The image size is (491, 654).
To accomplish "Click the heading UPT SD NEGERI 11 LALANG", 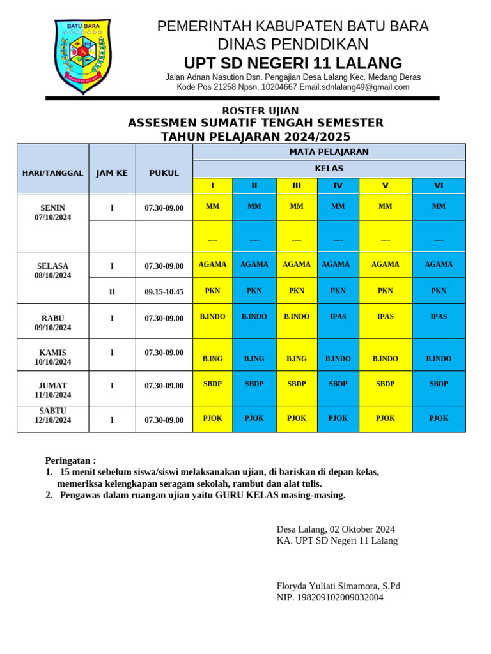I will click(293, 63).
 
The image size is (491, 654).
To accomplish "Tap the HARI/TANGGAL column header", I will click(52, 173).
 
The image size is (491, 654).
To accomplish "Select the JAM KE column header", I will click(112, 173).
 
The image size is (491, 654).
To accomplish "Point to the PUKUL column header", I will click(164, 173).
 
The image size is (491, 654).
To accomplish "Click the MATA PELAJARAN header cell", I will click(329, 152).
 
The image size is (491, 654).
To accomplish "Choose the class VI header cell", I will click(439, 186).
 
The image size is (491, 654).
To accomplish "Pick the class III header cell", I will click(297, 186).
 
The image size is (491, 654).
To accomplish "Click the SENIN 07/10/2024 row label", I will click(52, 213).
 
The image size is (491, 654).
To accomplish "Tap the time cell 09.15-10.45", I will click(164, 292).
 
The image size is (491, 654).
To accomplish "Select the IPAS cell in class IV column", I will click(338, 317).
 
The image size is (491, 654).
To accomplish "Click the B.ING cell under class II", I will click(254, 359).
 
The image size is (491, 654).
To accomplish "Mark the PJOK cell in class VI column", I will click(439, 418).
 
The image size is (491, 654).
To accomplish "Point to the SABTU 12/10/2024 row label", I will click(52, 415).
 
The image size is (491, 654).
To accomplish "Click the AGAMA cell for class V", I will click(385, 264).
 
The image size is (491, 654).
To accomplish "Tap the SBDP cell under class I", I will click(212, 384).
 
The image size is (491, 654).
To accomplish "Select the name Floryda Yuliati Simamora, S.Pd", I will click(338, 586).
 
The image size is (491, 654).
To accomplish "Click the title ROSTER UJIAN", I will click(255, 111).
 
